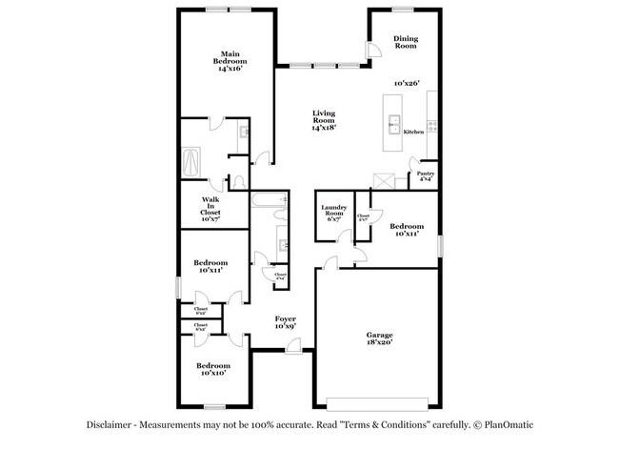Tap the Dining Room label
tap(406, 42)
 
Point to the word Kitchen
tap(413, 132)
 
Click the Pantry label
tap(426, 176)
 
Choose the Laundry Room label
tap(332, 212)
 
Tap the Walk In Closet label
tap(210, 209)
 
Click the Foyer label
tap(286, 322)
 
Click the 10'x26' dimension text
tap(407, 84)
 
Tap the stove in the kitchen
tap(432, 124)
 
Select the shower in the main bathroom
tap(190, 158)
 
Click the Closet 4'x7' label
tap(363, 218)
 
